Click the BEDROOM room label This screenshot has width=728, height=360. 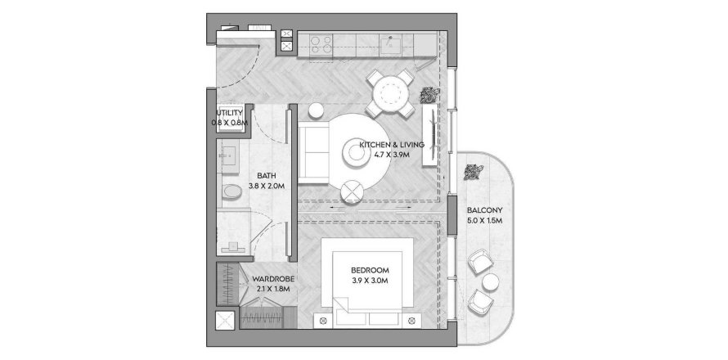(369, 270)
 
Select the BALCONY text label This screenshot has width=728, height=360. (484, 210)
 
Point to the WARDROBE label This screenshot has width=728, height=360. (273, 279)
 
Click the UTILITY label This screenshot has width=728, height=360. (229, 113)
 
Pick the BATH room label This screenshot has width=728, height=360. (267, 175)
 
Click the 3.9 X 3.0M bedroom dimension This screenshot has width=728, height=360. (369, 281)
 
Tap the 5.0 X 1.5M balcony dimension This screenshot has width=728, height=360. (484, 221)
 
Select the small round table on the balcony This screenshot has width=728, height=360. (491, 282)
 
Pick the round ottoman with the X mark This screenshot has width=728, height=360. (353, 191)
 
